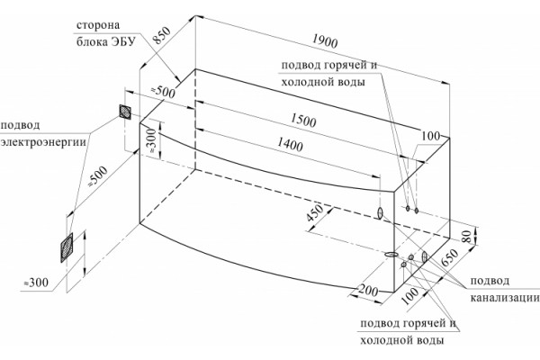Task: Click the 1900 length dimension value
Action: tap(325, 40)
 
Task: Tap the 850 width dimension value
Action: tap(161, 35)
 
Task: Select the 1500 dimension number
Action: tap(303, 121)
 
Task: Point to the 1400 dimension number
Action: tap(290, 144)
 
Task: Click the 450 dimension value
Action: tap(314, 213)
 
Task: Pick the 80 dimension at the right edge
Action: tap(466, 237)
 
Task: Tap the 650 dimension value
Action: tap(450, 257)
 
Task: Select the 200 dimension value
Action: tap(368, 291)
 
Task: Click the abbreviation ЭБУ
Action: tap(122, 41)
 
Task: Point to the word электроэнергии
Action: tap(43, 142)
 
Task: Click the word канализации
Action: tap(505, 297)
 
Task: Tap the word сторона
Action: tap(98, 25)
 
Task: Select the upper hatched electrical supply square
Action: tap(125, 112)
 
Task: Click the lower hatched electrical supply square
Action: tap(67, 247)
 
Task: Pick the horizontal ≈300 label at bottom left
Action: tap(35, 283)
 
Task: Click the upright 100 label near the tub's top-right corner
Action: tap(431, 136)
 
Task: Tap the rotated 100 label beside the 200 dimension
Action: tap(410, 296)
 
